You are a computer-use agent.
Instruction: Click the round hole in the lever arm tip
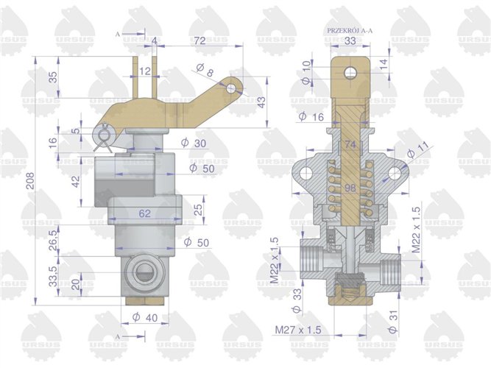(x=232, y=88)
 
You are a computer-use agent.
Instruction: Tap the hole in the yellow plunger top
(x=350, y=72)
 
